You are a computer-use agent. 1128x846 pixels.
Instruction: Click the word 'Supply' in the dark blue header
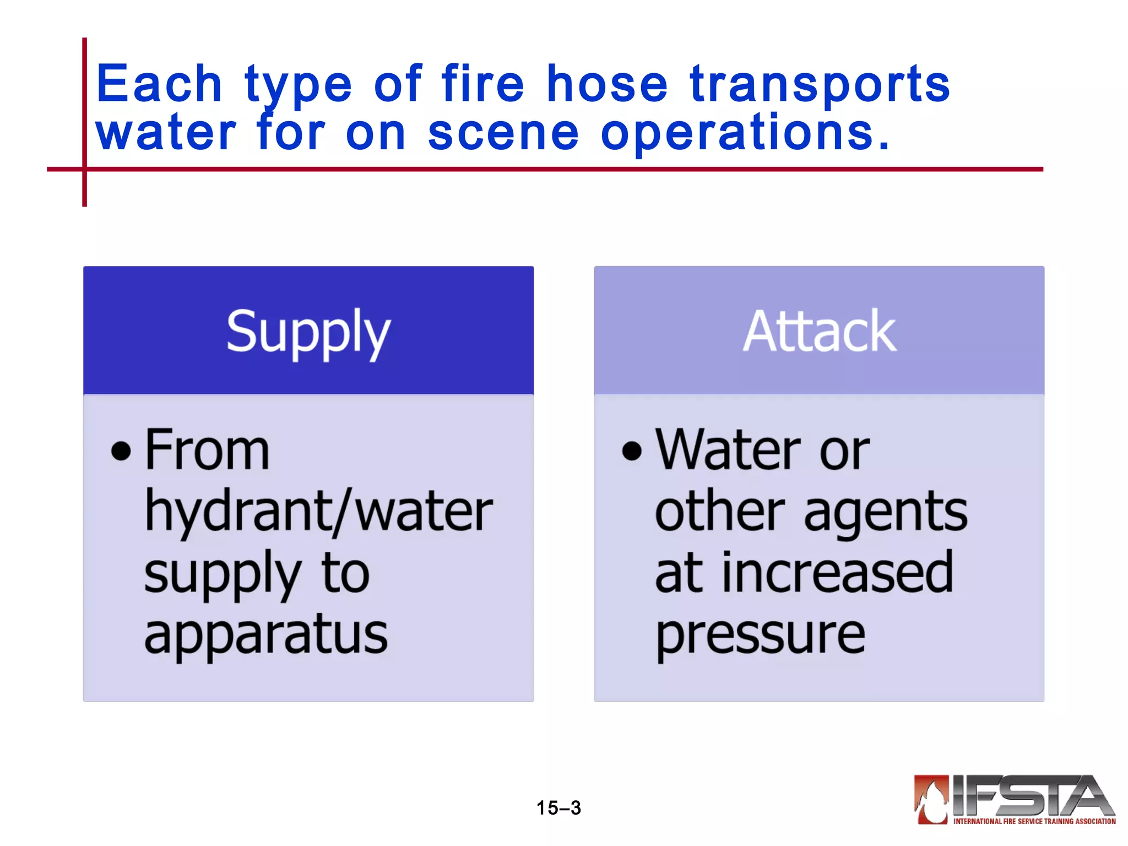tap(308, 332)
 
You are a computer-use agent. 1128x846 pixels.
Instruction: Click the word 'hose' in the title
tap(607, 84)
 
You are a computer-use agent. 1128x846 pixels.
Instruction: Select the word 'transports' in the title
tap(820, 84)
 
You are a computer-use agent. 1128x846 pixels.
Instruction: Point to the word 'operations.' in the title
tap(745, 133)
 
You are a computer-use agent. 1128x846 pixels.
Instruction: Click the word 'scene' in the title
tap(503, 133)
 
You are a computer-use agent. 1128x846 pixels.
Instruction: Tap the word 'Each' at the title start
tap(159, 84)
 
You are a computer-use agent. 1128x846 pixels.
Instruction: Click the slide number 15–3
tap(558, 808)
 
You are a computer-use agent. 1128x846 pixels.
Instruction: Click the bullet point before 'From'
tap(121, 451)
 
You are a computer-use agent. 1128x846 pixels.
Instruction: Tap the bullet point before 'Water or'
tap(632, 451)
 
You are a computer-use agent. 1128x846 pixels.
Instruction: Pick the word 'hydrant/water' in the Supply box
tap(318, 512)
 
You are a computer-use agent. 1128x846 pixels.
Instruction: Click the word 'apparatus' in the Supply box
tap(266, 635)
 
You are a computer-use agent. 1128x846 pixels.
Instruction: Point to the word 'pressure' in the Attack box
tap(761, 635)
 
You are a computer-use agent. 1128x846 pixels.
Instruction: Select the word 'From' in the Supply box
tap(207, 451)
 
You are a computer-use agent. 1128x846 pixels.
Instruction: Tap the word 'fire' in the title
tap(482, 84)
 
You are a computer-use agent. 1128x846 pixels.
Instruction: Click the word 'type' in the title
tap(298, 84)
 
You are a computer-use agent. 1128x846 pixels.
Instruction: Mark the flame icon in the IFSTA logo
tap(931, 799)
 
